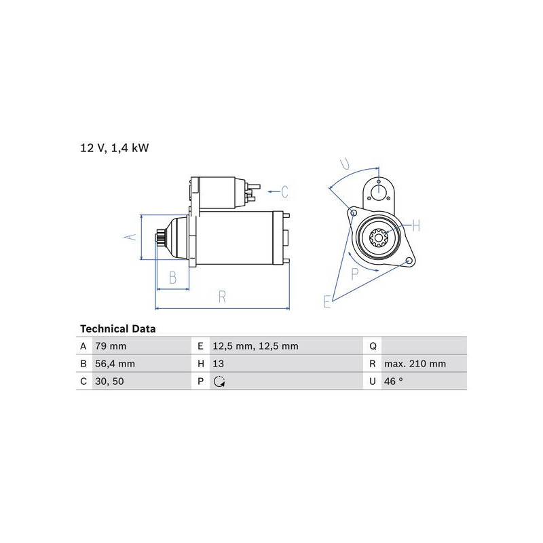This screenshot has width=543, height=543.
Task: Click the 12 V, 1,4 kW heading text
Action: pos(115,148)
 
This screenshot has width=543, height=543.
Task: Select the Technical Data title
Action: pos(117,329)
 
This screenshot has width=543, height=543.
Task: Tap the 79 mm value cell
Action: pos(111,346)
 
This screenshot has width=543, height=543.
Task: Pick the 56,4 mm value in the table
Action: pos(115,364)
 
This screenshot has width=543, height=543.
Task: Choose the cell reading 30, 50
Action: pos(109,381)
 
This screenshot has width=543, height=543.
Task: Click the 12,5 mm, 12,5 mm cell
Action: pos(256,346)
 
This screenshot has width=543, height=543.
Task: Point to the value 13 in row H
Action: pos(218,364)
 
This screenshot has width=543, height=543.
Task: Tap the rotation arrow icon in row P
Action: pos(219,381)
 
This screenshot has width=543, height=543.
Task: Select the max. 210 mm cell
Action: pos(415,364)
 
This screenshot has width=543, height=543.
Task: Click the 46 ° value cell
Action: pos(394,381)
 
